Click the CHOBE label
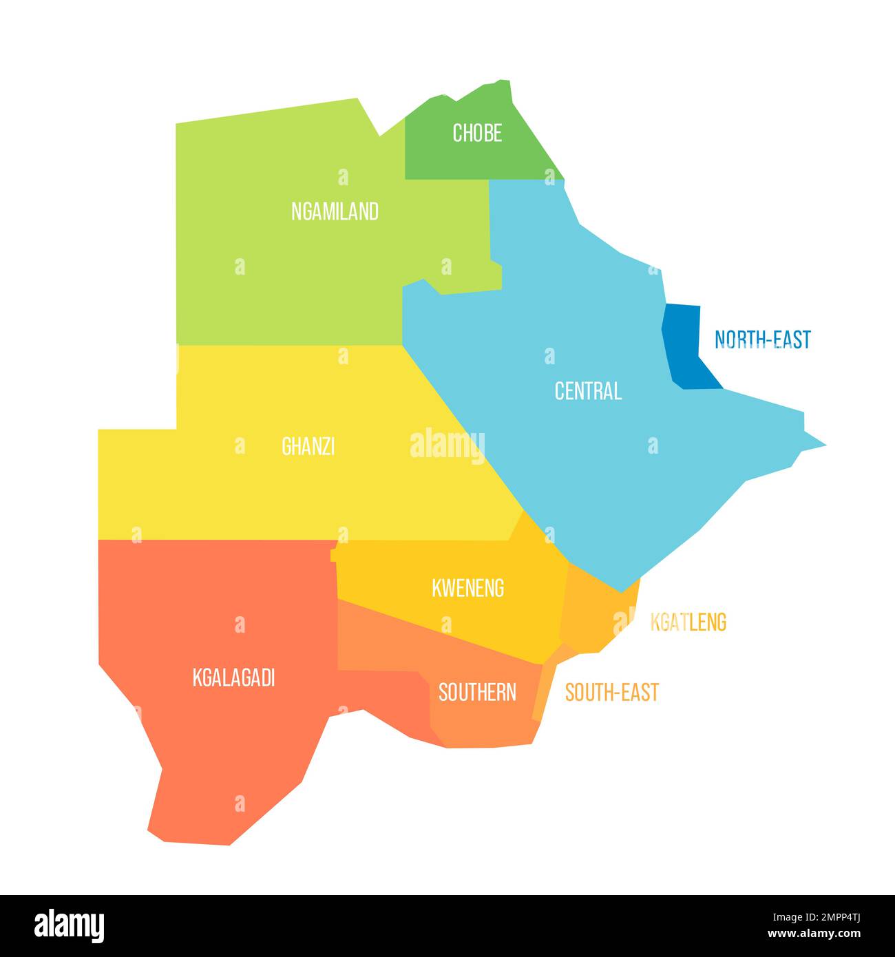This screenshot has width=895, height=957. (476, 133)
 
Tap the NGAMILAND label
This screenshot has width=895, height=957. (335, 211)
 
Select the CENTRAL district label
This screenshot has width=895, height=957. (588, 391)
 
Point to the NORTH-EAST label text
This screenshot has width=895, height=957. (762, 339)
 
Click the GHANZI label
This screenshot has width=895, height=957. (308, 447)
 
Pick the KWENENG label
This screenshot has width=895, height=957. (467, 588)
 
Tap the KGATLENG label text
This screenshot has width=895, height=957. (688, 622)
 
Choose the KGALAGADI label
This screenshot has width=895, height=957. (233, 678)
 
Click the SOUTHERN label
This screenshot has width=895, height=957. (477, 692)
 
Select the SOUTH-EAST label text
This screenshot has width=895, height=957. (611, 692)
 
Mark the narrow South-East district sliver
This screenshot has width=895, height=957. (544, 688)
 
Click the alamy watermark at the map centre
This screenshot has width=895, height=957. (447, 444)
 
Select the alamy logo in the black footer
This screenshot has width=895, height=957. (69, 925)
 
